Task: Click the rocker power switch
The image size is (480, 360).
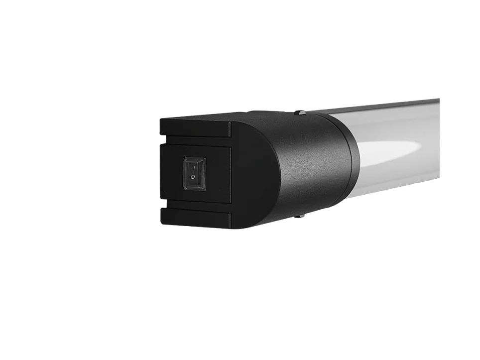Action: [194, 173]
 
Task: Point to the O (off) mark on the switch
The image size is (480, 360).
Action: [193, 178]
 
